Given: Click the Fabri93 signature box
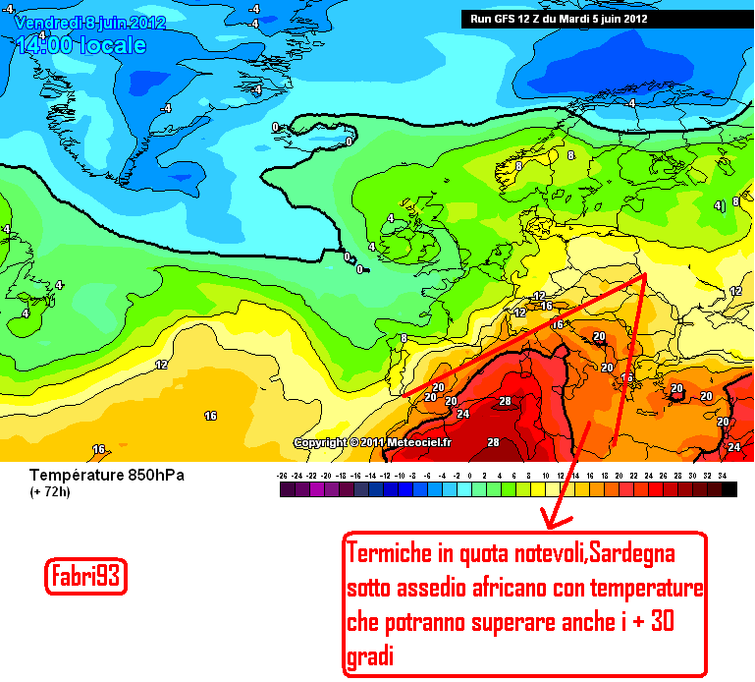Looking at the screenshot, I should (86, 578).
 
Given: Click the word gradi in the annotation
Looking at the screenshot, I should (369, 656).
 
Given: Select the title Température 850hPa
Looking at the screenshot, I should (107, 476).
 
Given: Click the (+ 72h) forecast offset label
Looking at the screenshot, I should (48, 491).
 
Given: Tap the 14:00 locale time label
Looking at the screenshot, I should (81, 45).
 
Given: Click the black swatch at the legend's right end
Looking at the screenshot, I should (728, 489).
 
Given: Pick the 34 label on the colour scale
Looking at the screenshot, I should (723, 475).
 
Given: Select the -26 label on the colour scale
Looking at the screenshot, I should (283, 475).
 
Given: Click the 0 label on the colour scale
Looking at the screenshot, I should (470, 475).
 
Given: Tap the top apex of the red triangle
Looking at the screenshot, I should (645, 276).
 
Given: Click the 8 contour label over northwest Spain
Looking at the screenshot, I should (404, 339).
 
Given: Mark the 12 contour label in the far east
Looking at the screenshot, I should (736, 292).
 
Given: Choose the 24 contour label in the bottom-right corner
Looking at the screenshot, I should (733, 447).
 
